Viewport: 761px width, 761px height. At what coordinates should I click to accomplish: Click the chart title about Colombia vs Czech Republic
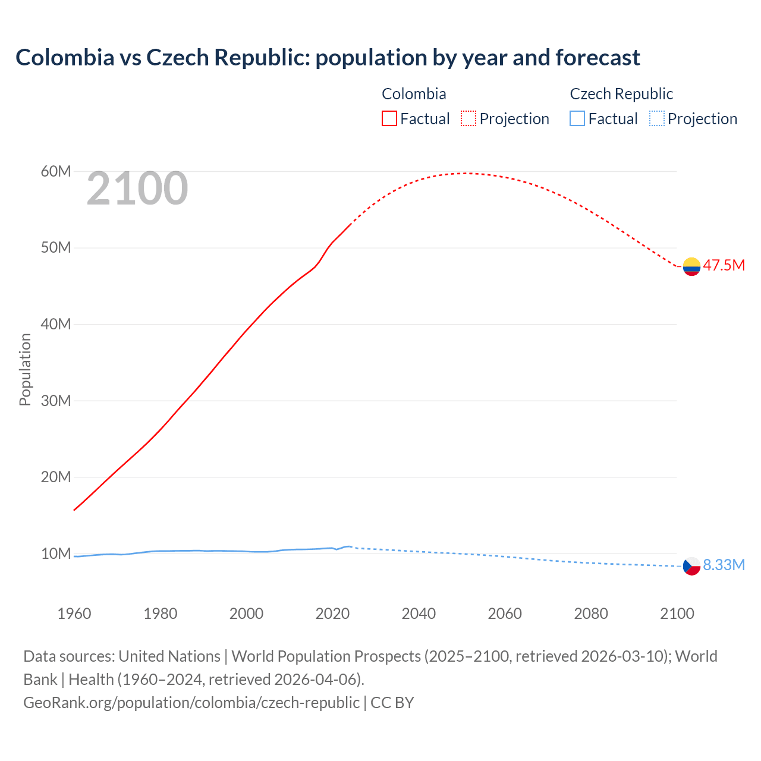click(328, 58)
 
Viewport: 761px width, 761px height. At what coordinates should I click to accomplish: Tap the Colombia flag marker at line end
click(691, 266)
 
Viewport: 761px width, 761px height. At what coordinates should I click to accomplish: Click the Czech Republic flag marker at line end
click(691, 566)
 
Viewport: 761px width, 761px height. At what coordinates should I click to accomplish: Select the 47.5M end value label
click(724, 265)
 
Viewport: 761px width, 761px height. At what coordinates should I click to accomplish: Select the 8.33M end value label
click(724, 565)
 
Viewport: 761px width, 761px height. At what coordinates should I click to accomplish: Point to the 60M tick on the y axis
click(56, 172)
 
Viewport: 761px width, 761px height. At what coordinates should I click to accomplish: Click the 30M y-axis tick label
click(56, 401)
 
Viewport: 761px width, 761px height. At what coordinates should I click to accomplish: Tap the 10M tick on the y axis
click(56, 554)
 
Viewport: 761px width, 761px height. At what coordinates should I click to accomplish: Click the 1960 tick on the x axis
click(74, 614)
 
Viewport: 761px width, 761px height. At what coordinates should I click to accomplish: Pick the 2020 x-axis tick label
click(332, 614)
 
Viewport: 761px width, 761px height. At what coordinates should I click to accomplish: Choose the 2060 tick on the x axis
click(505, 614)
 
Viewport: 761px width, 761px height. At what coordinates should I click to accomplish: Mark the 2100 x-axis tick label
click(677, 614)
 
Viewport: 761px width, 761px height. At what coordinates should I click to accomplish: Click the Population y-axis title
click(25, 369)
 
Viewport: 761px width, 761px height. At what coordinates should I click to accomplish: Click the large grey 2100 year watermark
click(137, 189)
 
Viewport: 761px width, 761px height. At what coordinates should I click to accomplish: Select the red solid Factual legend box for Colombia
click(389, 119)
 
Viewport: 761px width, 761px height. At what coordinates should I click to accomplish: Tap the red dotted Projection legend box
click(468, 119)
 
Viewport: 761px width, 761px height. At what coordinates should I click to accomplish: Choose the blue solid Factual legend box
click(577, 119)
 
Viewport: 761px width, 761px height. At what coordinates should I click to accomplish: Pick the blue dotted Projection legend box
click(656, 119)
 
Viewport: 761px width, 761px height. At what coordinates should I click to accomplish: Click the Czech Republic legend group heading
click(621, 94)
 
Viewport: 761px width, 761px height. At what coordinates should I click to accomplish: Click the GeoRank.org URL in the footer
click(191, 702)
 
